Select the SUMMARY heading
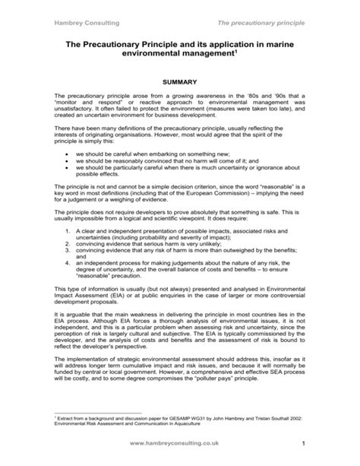[x=180, y=80]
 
